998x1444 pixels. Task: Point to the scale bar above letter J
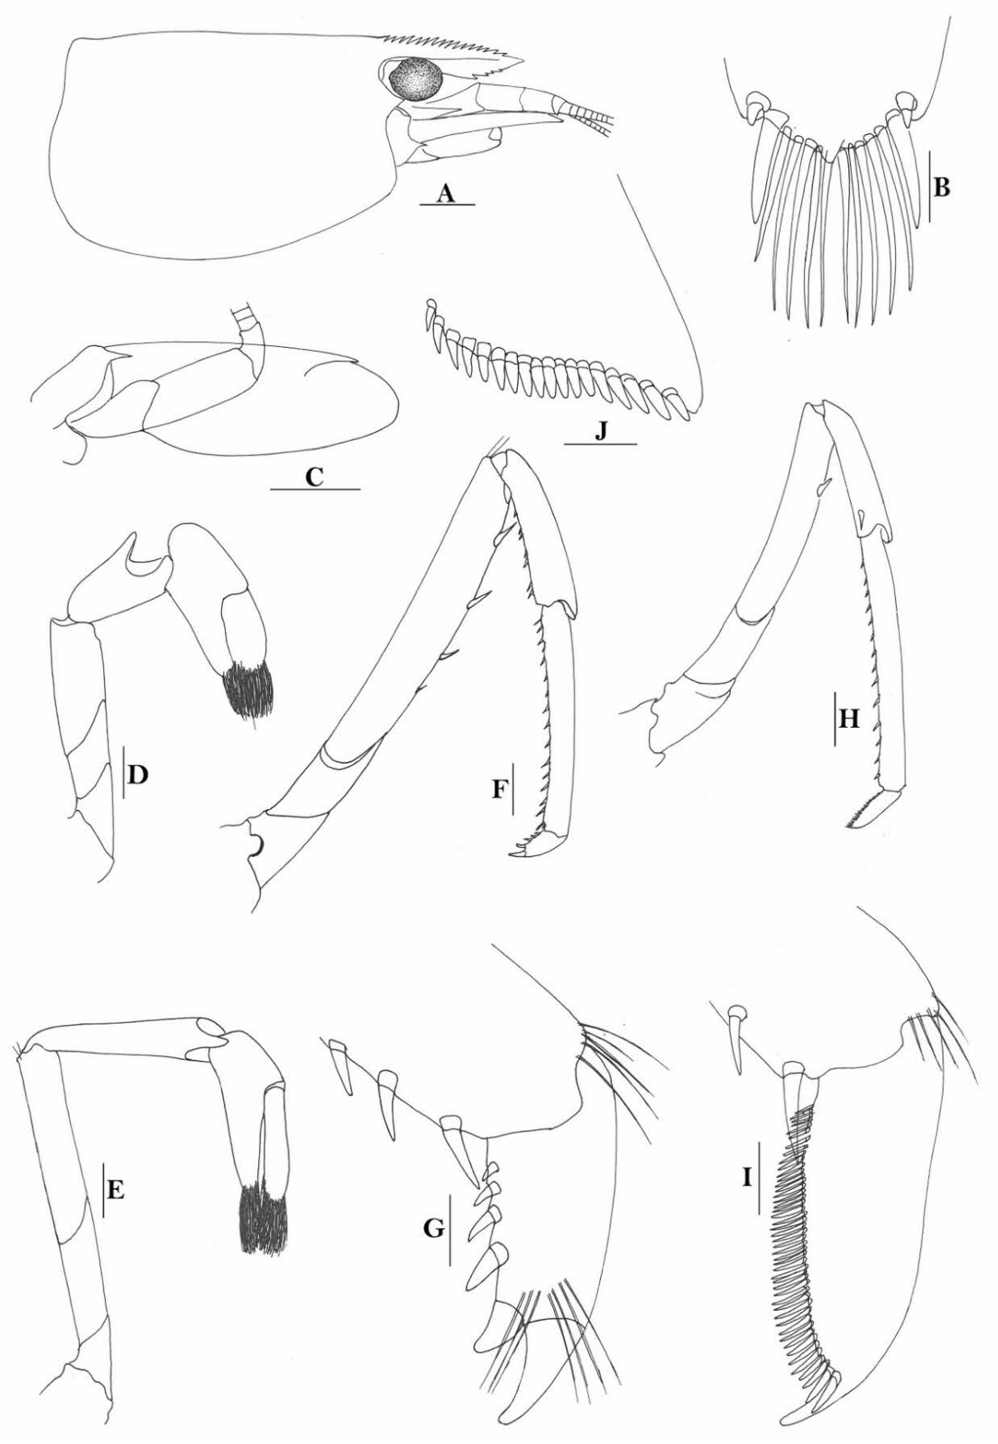600,443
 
